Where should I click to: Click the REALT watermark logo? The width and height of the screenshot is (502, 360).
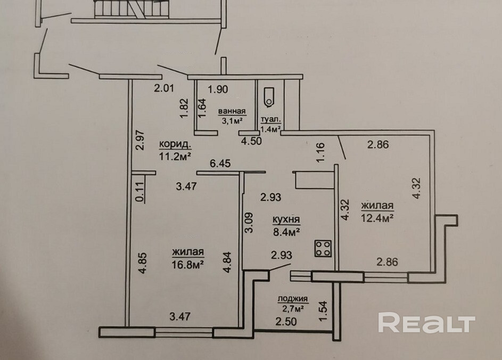pyautogui.click(x=426, y=323)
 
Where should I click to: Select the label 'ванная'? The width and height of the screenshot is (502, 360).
pyautogui.click(x=232, y=111)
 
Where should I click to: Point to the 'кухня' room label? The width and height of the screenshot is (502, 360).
pyautogui.click(x=286, y=219)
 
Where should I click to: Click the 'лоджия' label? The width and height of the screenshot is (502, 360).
pyautogui.click(x=293, y=299)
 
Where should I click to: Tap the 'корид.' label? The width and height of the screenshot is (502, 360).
pyautogui.click(x=175, y=144)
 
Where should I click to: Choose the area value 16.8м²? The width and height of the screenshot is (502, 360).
pyautogui.click(x=189, y=263)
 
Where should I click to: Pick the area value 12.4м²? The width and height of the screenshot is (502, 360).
pyautogui.click(x=377, y=217)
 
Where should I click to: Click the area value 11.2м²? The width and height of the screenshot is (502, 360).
pyautogui.click(x=175, y=156)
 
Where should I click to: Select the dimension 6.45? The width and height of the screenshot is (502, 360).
pyautogui.click(x=219, y=165)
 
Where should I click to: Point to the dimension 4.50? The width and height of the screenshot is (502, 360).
pyautogui.click(x=251, y=141)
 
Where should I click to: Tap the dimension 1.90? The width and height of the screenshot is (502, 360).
pyautogui.click(x=218, y=89)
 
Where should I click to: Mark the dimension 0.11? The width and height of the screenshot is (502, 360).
pyautogui.click(x=139, y=190)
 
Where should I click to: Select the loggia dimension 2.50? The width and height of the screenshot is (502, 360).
pyautogui.click(x=286, y=321)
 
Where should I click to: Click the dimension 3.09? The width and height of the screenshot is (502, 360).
pyautogui.click(x=248, y=223)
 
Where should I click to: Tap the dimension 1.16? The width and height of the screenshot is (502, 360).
pyautogui.click(x=320, y=153)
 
